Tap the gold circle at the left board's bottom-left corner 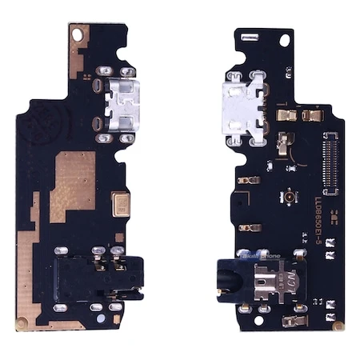point(23,323)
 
